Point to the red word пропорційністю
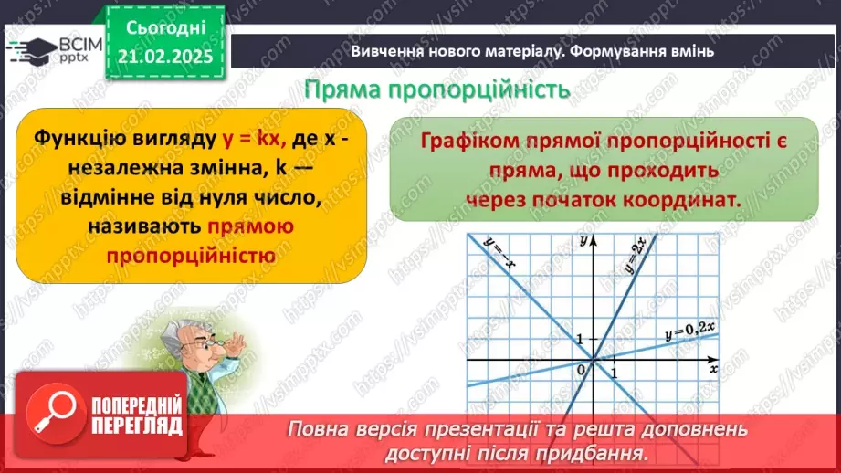(x=190, y=256)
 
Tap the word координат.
(x=686, y=199)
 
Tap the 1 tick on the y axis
(x=578, y=339)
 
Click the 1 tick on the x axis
(x=615, y=373)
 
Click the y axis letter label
(x=581, y=241)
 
